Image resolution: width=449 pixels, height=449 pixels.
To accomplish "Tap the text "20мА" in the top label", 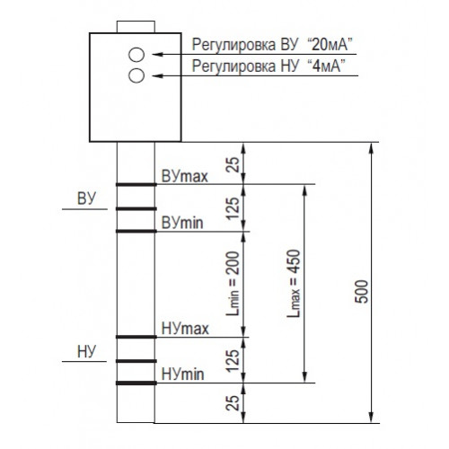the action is (330, 44).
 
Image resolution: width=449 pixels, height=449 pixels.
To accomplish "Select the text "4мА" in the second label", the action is (326, 66).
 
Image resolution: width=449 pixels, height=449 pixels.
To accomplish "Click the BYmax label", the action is (184, 177).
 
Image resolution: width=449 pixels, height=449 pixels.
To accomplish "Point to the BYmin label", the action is (182, 223).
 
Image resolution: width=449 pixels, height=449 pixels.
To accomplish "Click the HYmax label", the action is (185, 329).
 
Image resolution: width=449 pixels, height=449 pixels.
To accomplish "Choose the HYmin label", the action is (182, 374).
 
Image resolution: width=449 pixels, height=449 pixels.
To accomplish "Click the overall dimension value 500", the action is (362, 292).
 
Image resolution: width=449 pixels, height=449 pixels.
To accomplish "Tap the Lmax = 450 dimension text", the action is (294, 283).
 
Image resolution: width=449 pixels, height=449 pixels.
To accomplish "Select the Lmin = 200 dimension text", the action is (233, 283).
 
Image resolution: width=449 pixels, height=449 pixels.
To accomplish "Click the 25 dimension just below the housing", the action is (233, 164).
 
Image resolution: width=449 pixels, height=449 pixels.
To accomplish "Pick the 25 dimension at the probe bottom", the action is (233, 402).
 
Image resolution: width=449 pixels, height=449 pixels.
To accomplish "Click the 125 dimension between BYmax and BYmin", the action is (233, 208).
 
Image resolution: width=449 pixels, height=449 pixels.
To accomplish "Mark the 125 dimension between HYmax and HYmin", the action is (233, 360).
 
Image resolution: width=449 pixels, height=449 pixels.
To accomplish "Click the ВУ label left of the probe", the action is (86, 198).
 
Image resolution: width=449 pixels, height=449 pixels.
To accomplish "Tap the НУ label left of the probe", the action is (86, 351).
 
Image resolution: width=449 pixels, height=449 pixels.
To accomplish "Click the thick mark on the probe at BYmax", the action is (136, 184).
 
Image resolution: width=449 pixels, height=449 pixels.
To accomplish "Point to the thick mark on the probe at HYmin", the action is (136, 383).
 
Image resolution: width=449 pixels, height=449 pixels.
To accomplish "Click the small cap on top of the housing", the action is (136, 27).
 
